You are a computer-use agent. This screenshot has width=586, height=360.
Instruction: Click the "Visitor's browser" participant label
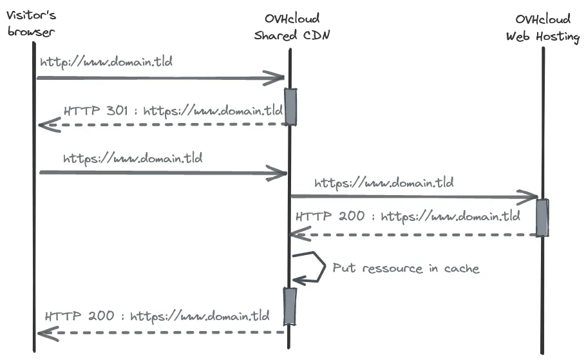32,24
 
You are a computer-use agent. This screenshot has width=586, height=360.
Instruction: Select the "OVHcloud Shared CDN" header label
292,27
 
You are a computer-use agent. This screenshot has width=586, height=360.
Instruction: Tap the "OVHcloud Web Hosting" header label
543,28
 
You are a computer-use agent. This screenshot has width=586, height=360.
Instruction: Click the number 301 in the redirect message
117,111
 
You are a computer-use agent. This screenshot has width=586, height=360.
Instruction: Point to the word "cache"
462,269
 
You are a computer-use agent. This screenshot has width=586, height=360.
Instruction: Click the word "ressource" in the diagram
392,269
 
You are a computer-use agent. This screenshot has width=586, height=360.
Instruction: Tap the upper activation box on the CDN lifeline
290,106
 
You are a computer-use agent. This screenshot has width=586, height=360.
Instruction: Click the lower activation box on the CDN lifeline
290,306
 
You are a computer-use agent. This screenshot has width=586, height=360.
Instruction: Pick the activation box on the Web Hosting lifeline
542,218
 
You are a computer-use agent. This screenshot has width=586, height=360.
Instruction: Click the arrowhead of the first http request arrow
275,78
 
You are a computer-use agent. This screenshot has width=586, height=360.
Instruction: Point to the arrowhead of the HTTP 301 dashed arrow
49,125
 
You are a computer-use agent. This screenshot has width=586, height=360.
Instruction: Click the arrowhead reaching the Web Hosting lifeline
527,197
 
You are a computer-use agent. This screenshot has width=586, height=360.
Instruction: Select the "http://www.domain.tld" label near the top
106,62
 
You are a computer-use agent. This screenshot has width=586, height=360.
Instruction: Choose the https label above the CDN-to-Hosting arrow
384,183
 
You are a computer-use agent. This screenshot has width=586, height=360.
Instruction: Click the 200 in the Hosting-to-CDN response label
352,216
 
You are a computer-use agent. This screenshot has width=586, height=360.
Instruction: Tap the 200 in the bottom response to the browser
101,316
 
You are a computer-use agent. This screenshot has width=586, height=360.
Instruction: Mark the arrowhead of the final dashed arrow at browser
48,333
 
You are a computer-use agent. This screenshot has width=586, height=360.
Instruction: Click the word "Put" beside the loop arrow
344,268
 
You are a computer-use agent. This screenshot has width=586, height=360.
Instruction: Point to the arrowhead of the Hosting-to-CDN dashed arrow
300,234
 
